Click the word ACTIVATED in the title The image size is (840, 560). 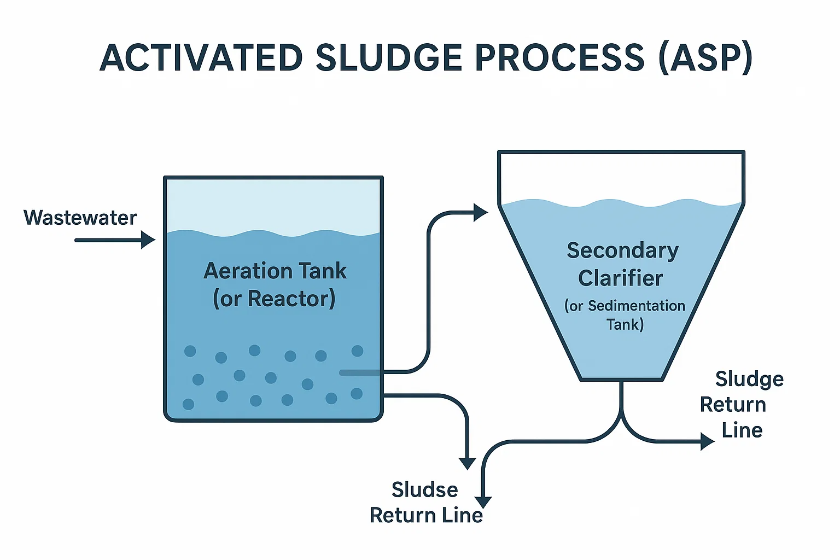click(x=201, y=57)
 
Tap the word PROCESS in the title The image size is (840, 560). click(x=560, y=57)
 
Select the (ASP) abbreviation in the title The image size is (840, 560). click(x=705, y=58)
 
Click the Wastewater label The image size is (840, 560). click(x=80, y=218)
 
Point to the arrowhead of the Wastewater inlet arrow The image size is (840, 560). click(x=149, y=240)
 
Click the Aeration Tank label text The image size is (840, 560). click(x=275, y=271)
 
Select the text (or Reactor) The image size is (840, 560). click(x=274, y=299)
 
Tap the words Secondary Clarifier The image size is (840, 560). click(x=622, y=264)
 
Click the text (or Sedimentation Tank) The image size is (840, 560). click(x=625, y=315)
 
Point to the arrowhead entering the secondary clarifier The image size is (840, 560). click(x=481, y=212)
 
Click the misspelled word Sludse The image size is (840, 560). click(x=425, y=489)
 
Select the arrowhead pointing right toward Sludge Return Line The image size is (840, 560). click(x=708, y=441)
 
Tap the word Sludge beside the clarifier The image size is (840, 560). click(x=749, y=380)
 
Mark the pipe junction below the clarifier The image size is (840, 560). click(x=621, y=416)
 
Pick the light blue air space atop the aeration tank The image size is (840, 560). click(x=273, y=205)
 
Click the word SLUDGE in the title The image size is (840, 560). click(x=389, y=57)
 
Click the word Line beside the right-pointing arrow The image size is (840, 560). click(x=742, y=430)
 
